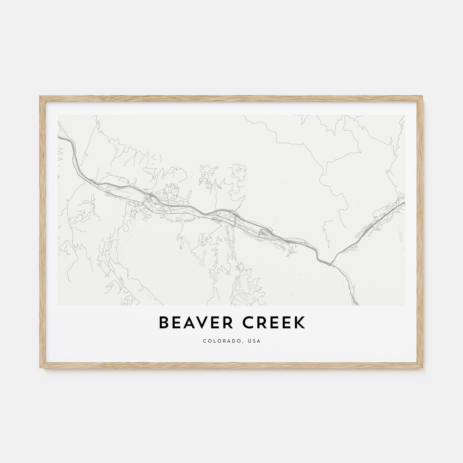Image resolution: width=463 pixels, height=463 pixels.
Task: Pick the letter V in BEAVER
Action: click(205, 323)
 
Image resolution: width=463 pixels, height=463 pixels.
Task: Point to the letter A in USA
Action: click(258, 341)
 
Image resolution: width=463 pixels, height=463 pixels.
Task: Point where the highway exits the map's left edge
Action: click(58, 136)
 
